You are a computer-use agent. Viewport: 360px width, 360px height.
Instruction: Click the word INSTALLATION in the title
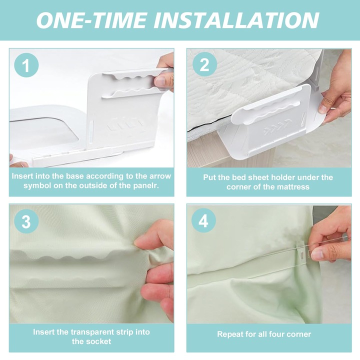236,20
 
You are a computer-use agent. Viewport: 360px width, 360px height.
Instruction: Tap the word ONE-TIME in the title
92,20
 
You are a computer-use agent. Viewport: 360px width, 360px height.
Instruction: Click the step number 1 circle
26,65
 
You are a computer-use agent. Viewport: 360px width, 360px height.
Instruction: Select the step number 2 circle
204,64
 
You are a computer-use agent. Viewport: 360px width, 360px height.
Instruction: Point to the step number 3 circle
26,222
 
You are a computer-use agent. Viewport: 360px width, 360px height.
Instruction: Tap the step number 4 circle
203,221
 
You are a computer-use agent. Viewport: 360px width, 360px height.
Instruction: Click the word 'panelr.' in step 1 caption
146,185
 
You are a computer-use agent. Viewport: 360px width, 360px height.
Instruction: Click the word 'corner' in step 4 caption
298,334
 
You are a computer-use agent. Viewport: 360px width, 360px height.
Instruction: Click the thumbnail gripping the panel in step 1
159,81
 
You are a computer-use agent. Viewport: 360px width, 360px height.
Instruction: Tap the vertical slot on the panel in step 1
92,130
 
